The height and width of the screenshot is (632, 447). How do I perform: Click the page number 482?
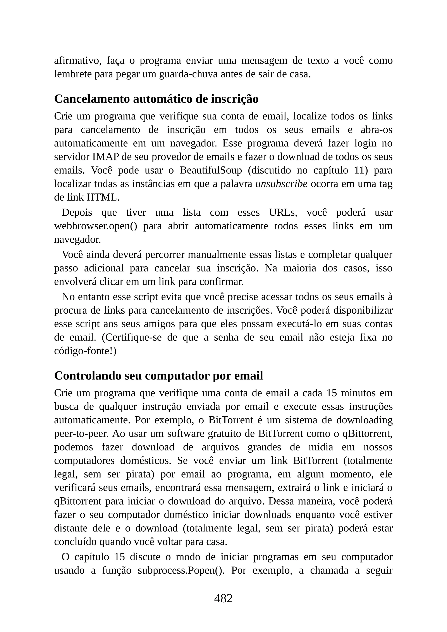tap(223, 598)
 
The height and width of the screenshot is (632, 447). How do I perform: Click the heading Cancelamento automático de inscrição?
tap(156, 99)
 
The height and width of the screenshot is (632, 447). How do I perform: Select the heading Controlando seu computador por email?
tap(158, 375)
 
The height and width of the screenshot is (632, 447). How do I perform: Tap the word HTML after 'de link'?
tap(103, 197)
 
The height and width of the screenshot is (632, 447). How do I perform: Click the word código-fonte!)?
tap(85, 351)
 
